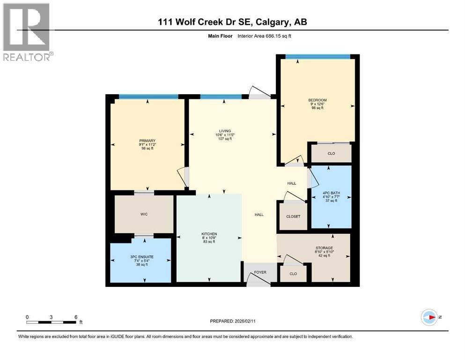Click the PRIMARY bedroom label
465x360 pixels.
click(147, 141)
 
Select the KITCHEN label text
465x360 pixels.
click(209, 234)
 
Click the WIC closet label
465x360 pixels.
click(144, 214)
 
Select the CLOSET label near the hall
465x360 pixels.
click(293, 217)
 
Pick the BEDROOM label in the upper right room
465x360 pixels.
click(317, 100)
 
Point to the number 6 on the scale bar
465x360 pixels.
click(76, 317)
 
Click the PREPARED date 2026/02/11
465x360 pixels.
click(233, 321)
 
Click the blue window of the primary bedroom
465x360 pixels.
click(148, 97)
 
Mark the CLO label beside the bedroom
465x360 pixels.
click(332, 153)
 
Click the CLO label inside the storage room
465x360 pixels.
click(293, 274)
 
